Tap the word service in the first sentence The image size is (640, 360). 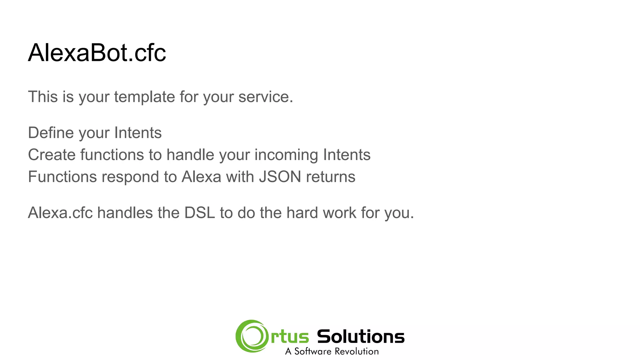tap(265, 97)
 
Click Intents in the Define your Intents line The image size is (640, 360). tap(138, 133)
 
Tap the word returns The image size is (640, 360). tap(331, 177)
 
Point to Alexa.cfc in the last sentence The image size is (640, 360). tap(60, 213)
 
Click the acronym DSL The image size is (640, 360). tap(200, 213)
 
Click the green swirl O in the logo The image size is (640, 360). tap(252, 336)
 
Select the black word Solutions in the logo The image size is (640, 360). tap(361, 337)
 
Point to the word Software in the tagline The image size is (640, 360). tap(313, 352)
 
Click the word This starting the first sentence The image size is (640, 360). tap(43, 97)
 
